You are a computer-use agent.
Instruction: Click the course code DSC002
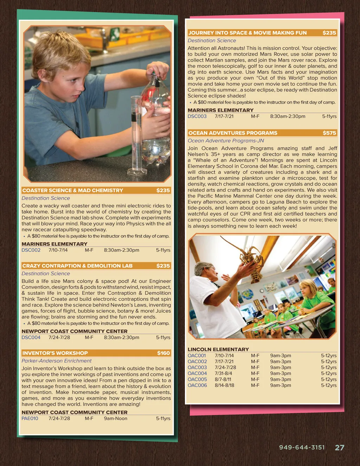pyautogui.click(x=31, y=250)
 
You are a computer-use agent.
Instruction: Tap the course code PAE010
pyautogui.click(x=30, y=419)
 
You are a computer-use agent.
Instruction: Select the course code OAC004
pyautogui.click(x=197, y=374)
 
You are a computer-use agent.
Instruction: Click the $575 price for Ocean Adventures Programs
pyautogui.click(x=329, y=133)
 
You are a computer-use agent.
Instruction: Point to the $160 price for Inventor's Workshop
pyautogui.click(x=163, y=353)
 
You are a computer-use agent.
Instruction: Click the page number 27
pyautogui.click(x=339, y=448)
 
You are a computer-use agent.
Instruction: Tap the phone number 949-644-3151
pyautogui.click(x=302, y=448)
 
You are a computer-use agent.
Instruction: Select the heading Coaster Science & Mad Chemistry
pyautogui.click(x=73, y=191)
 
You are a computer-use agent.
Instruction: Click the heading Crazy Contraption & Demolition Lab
pyautogui.click(x=77, y=266)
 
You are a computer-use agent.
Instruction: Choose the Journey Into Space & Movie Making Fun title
pyautogui.click(x=247, y=33)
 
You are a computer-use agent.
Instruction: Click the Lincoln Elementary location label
pyautogui.click(x=218, y=349)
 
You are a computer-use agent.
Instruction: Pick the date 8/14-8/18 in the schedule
pyautogui.click(x=224, y=385)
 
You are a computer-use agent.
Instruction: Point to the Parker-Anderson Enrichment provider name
pyautogui.click(x=57, y=361)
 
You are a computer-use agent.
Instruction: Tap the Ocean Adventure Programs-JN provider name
pyautogui.click(x=226, y=141)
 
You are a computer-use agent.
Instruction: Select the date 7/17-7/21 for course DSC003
pyautogui.click(x=224, y=116)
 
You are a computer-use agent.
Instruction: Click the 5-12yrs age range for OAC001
pyautogui.click(x=329, y=356)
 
